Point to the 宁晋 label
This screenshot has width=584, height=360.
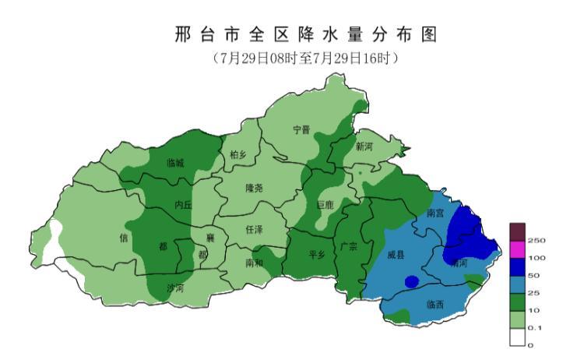301,130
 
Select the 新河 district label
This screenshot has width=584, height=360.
364,146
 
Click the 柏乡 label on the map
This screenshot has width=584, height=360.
237,155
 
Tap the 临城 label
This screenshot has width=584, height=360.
176,163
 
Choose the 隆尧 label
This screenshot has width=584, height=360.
254,188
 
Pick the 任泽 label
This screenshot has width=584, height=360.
254,230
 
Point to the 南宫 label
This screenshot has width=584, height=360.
436,213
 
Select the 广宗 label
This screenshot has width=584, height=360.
349,246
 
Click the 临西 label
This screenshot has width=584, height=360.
435,304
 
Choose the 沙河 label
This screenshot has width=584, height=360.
176,288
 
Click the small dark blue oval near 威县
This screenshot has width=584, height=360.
412,281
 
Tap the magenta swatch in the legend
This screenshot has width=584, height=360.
518,249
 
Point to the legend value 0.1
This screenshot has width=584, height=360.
534,328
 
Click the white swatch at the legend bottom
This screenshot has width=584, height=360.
518,337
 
